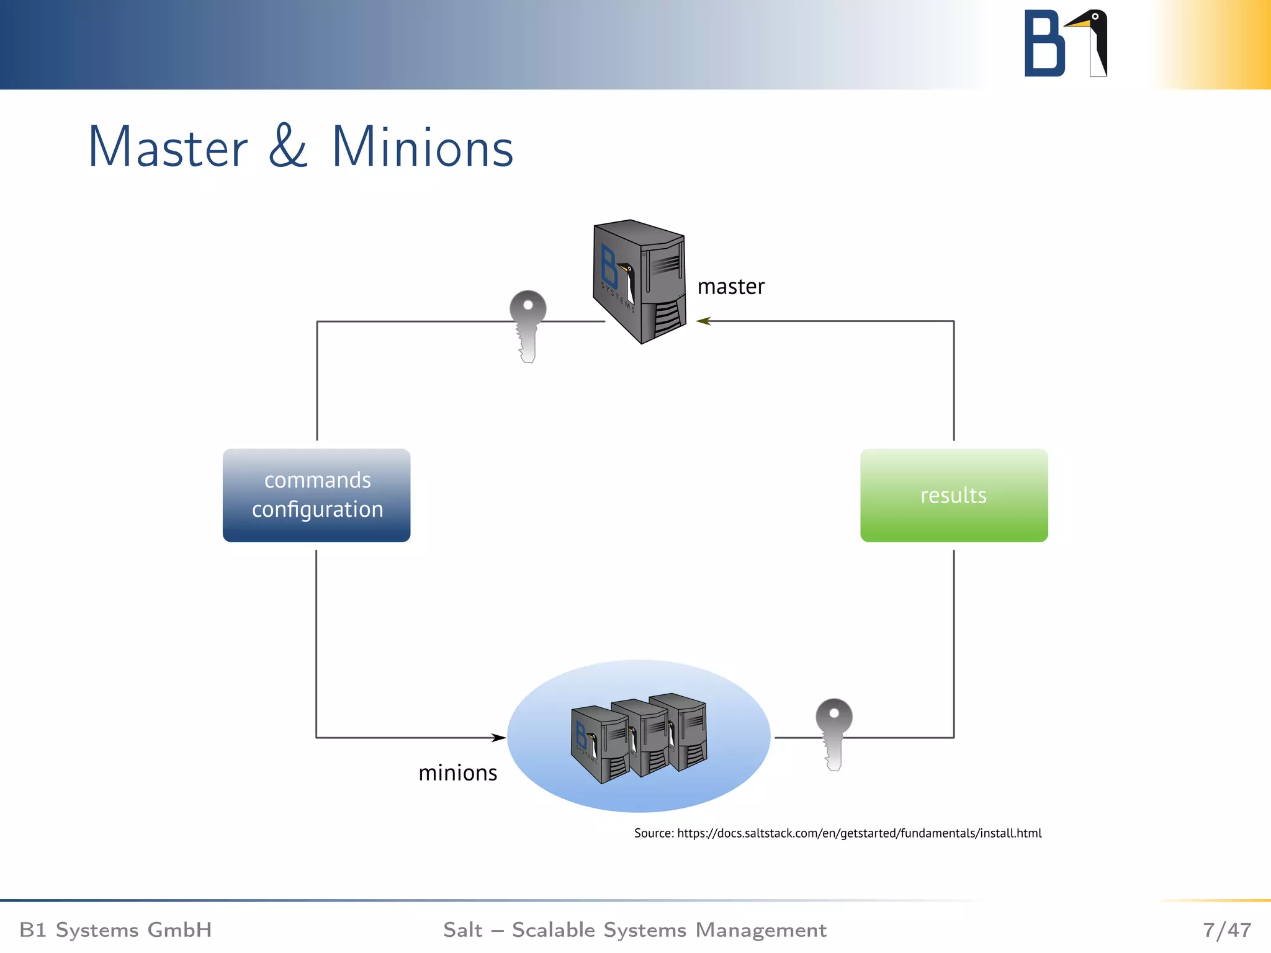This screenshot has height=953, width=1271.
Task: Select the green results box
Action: (954, 495)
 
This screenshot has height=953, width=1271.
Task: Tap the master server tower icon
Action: (639, 282)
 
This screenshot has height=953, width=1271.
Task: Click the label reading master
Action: (730, 287)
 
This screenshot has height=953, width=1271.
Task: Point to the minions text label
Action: (457, 773)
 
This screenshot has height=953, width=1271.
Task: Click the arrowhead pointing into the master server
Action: (703, 321)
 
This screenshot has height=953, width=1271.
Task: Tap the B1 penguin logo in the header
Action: (1066, 43)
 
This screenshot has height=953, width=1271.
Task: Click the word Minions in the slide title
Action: (423, 148)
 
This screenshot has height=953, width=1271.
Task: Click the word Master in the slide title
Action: (168, 148)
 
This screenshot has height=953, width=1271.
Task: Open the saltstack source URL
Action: (859, 833)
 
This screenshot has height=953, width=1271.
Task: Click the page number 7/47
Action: (1227, 929)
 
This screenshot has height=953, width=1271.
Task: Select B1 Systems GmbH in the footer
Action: (116, 929)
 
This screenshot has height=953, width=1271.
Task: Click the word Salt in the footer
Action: (462, 929)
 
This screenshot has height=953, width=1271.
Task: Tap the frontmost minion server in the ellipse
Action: (599, 745)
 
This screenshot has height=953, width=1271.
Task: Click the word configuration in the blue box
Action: (317, 509)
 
